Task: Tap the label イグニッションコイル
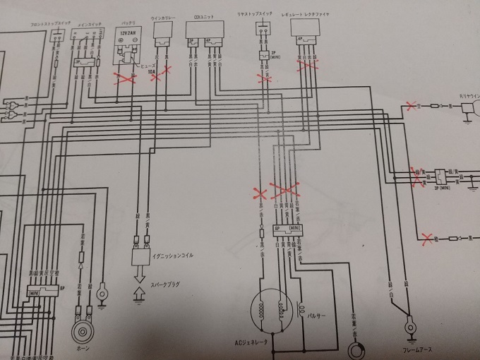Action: (172, 256)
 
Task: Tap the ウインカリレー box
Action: (164, 32)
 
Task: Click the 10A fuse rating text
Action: (149, 71)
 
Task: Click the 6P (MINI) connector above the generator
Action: (288, 231)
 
